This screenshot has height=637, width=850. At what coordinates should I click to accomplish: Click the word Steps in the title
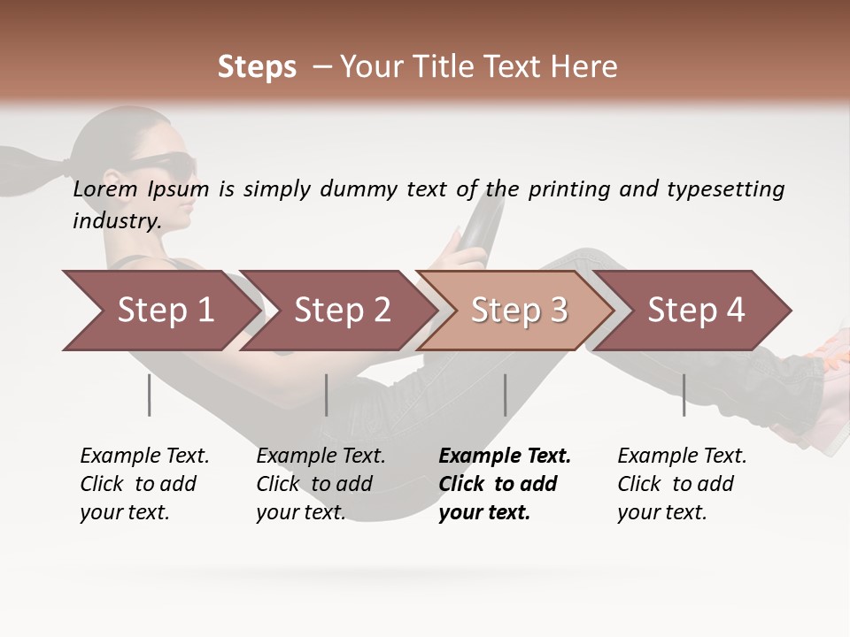click(257, 66)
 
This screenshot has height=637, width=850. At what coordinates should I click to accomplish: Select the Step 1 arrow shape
click(159, 311)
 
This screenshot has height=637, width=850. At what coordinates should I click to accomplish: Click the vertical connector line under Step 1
click(150, 395)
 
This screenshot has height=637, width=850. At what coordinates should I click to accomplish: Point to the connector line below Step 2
click(327, 395)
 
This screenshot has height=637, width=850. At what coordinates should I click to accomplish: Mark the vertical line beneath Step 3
click(505, 395)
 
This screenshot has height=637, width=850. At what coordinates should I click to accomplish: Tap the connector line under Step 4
click(684, 395)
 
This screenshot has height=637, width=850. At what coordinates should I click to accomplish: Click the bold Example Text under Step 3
click(505, 456)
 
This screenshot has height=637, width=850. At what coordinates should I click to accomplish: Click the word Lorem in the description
click(104, 188)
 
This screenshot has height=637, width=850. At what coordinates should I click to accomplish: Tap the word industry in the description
click(116, 220)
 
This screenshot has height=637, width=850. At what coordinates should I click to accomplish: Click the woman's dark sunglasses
click(168, 162)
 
